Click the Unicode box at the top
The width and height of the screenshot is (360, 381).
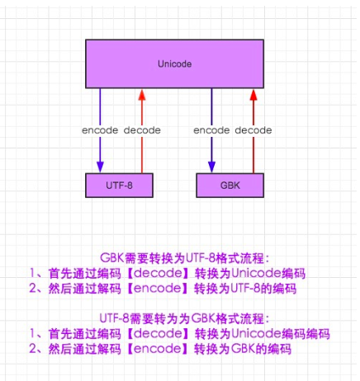(175, 63)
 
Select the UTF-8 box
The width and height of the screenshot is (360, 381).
(119, 186)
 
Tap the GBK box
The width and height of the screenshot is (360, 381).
(230, 186)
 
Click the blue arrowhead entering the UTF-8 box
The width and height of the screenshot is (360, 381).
(100, 167)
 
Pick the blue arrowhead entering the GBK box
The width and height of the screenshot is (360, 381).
(211, 167)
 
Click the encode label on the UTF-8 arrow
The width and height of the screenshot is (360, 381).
(100, 130)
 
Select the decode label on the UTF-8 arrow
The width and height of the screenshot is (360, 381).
(142, 130)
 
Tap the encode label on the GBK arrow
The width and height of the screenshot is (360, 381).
(211, 130)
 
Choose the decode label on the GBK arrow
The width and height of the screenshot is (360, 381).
(253, 130)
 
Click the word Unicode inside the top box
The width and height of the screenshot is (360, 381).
(175, 63)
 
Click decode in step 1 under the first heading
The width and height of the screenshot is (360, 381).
(158, 273)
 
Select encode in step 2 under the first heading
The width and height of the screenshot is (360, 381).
(158, 288)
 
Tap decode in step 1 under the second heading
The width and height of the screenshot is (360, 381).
(158, 333)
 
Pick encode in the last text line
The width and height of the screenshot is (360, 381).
(158, 349)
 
